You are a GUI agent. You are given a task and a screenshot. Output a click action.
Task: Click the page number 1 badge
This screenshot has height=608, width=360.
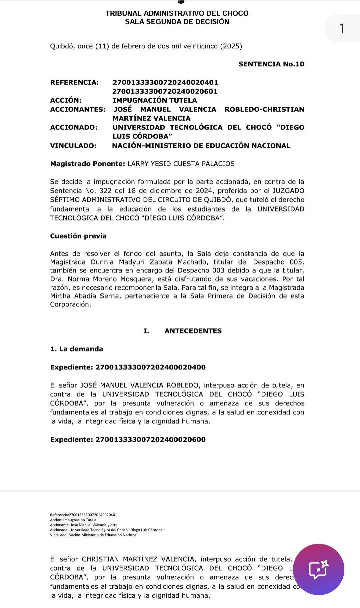point(341,28)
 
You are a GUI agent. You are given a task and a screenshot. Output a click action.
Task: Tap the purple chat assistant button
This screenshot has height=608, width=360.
point(319,569)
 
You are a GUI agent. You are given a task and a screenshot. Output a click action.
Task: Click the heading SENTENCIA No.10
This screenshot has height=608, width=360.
point(271,64)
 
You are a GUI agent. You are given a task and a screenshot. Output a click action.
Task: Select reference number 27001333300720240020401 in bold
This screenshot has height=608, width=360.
point(165,82)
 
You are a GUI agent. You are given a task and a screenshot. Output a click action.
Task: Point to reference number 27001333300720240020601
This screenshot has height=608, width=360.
point(165,91)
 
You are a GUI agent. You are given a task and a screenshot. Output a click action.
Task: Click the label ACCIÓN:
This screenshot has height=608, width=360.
point(66,100)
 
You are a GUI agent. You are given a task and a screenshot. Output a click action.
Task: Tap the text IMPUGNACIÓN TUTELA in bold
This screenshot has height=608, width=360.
point(155,100)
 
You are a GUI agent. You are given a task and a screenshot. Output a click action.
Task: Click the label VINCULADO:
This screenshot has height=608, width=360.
point(73,146)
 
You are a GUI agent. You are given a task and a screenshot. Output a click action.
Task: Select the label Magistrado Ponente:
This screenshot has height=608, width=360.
point(87,164)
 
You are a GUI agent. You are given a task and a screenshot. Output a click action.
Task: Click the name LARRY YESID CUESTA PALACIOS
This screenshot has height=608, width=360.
point(181,164)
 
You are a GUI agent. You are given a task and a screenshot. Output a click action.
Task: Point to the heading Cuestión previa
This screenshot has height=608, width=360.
point(78,236)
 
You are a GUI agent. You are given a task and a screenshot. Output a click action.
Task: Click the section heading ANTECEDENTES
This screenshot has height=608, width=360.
point(193,331)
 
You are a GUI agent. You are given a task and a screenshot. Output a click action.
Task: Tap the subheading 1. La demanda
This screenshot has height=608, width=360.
point(77,349)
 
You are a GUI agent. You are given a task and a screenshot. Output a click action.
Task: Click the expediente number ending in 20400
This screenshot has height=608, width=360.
point(151,367)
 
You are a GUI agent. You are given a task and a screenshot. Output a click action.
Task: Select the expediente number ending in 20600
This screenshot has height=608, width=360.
point(151,439)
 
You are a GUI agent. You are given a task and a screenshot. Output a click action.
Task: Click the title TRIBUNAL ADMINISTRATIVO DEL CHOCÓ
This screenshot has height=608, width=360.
point(177,13)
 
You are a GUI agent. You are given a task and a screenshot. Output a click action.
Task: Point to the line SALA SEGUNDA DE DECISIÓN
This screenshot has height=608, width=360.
point(177,22)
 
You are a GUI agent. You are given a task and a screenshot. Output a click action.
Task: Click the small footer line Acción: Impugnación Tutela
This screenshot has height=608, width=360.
point(73,520)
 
